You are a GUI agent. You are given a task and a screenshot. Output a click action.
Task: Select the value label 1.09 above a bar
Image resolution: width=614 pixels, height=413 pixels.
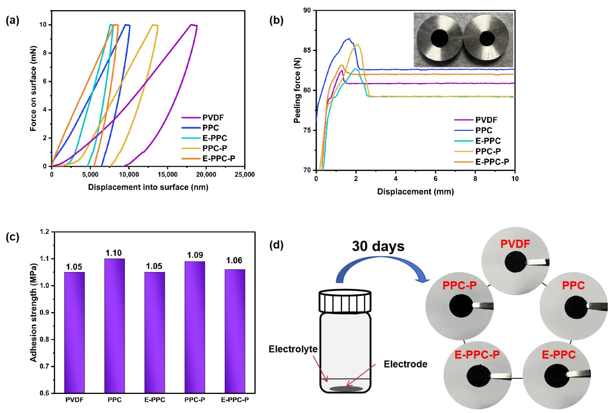click(195, 255)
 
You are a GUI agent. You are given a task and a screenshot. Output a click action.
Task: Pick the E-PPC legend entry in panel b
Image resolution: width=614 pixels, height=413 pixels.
click(488, 141)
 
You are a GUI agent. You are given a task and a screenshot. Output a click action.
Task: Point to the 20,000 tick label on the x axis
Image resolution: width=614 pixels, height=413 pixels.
click(206, 175)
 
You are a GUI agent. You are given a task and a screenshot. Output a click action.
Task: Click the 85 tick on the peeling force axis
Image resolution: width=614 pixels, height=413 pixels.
click(307, 50)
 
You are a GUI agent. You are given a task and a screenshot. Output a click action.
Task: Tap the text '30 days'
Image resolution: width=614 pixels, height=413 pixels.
click(378, 247)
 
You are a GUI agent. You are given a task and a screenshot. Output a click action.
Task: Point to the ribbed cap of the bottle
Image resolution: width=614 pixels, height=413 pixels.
click(345, 301)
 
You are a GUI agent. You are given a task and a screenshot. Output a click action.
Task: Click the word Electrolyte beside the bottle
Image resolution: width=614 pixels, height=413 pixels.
click(293, 349)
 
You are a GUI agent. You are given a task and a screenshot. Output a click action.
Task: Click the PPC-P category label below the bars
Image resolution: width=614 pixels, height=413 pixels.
click(195, 400)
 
